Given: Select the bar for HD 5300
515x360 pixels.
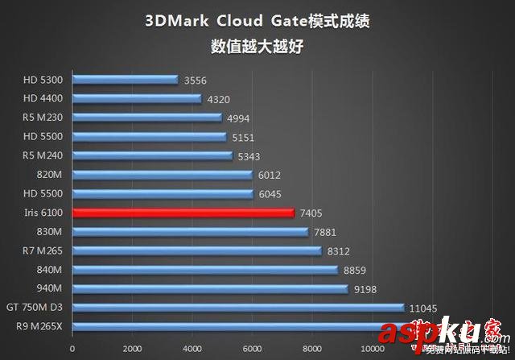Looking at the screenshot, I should coord(125,80).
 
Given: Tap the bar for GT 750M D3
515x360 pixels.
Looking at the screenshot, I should coord(237,308).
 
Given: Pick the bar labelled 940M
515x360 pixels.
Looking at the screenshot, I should coord(209,288).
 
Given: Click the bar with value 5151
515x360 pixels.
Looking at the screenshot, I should coord(149,137).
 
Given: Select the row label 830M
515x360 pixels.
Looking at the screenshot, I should coord(49,231).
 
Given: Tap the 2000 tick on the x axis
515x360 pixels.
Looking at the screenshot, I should coord(132,349).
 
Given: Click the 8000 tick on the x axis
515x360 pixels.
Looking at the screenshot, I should coord(312,349).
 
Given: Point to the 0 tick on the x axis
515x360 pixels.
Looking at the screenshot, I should coord(72,349).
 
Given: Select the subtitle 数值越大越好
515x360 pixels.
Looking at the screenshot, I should coord(257,46).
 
